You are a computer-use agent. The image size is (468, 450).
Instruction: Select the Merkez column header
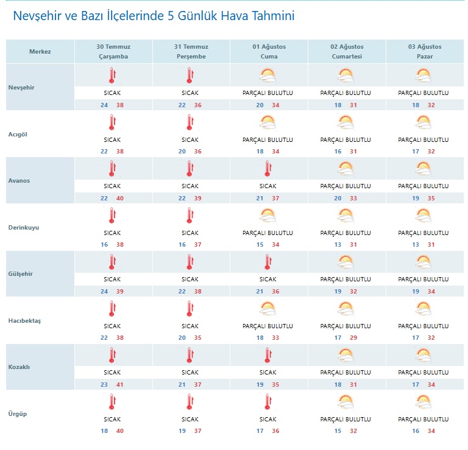pyautogui.click(x=40, y=52)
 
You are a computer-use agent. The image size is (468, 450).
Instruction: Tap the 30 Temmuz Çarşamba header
pyautogui.click(x=113, y=52)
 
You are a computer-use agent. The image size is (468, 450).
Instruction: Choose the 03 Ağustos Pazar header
pyautogui.click(x=425, y=52)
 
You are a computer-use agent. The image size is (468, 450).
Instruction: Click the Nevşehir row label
pyautogui.click(x=21, y=88)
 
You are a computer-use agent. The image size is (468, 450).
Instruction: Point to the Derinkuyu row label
pyautogui.click(x=24, y=228)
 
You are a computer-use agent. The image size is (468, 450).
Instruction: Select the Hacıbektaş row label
pyautogui.click(x=24, y=321)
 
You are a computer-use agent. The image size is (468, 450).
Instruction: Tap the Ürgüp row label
pyautogui.click(x=17, y=414)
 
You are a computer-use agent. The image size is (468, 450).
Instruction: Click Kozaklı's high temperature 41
pyautogui.click(x=119, y=385)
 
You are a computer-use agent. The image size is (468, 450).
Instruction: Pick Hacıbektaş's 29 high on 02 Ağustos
pyautogui.click(x=353, y=338)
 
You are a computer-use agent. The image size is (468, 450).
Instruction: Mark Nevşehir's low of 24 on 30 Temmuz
pyautogui.click(x=104, y=105)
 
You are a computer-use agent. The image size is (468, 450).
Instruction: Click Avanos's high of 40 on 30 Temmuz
pyautogui.click(x=119, y=199)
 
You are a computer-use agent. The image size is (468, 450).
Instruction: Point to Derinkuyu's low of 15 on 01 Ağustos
pyautogui.click(x=260, y=245)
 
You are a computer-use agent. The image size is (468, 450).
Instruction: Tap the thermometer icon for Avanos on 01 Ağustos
pyautogui.click(x=268, y=169)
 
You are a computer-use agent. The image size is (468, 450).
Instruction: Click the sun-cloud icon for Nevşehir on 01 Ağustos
pyautogui.click(x=268, y=76)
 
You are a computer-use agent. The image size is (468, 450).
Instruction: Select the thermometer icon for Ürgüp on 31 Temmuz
pyautogui.click(x=190, y=401)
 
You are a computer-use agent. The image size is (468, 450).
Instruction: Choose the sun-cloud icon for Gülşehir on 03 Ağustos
pyautogui.click(x=424, y=262)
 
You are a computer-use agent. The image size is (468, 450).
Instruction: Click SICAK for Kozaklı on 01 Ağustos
pyautogui.click(x=268, y=373)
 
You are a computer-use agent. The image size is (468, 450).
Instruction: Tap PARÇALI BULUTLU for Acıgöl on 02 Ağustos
pyautogui.click(x=346, y=140)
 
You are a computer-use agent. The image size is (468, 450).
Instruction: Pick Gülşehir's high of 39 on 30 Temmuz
pyautogui.click(x=119, y=292)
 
